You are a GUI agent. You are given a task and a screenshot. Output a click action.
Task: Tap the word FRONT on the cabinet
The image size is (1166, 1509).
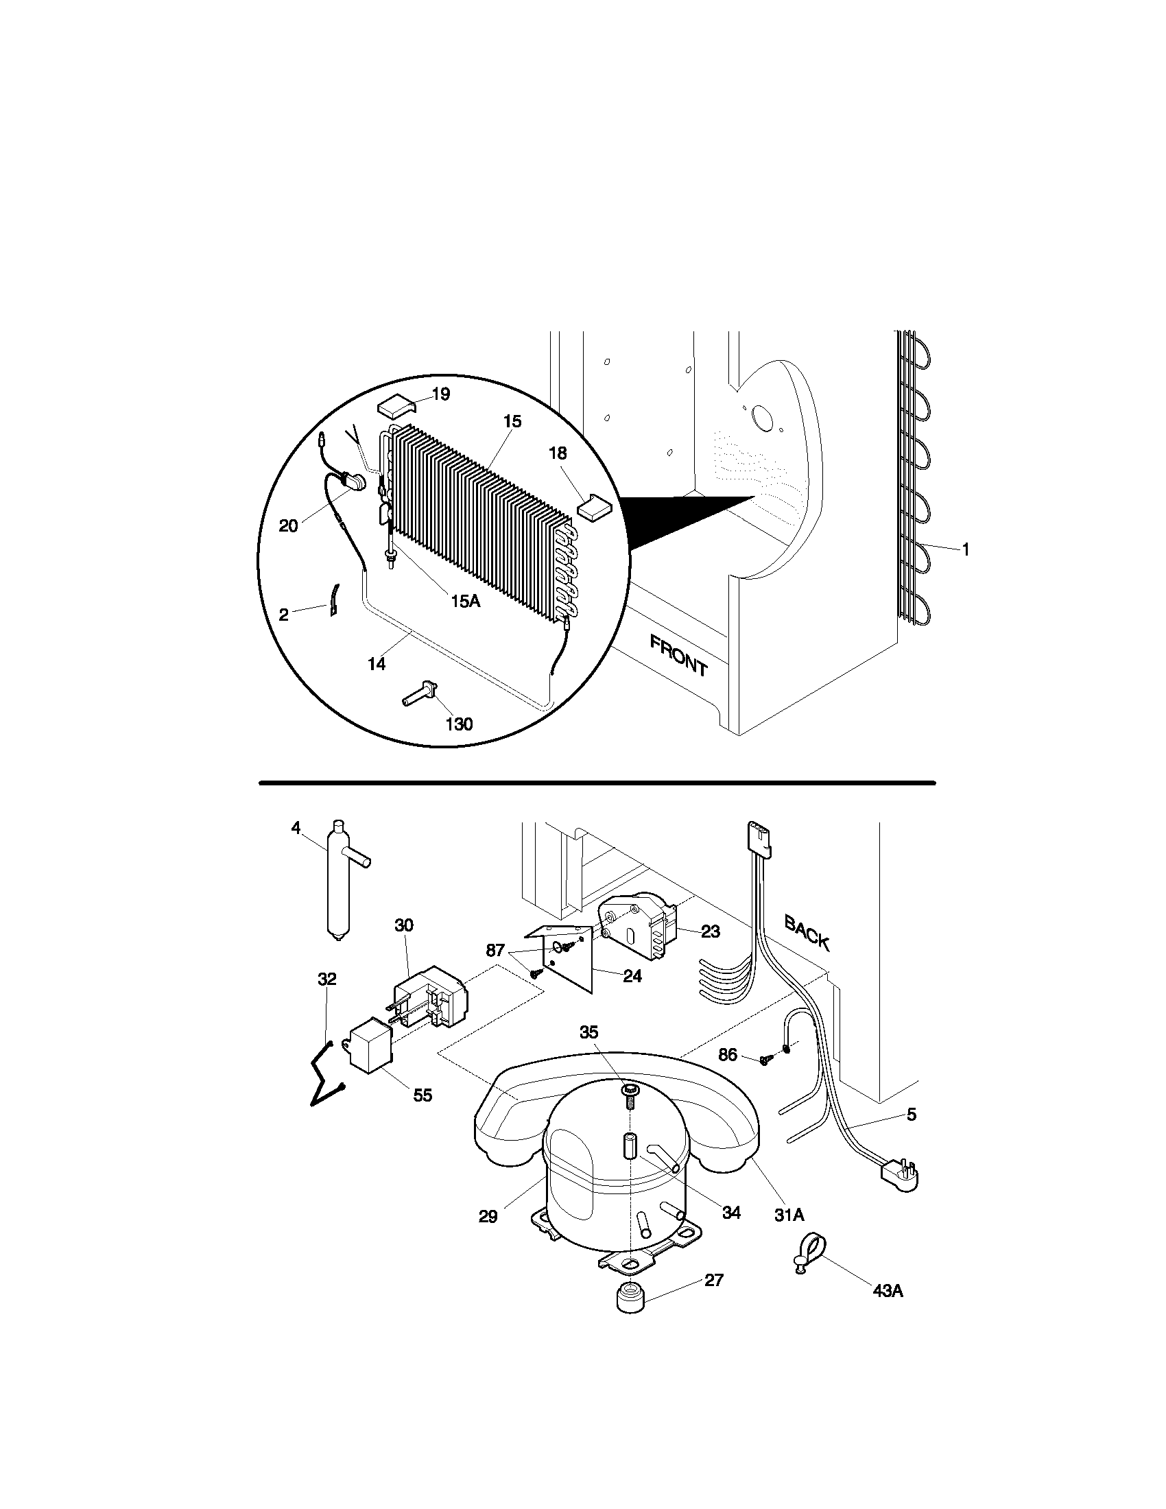[x=678, y=656]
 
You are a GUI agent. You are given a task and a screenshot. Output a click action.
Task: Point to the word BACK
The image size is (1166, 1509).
[x=807, y=932]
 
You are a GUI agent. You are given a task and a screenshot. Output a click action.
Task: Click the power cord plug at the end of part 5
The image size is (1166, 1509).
[x=899, y=1174]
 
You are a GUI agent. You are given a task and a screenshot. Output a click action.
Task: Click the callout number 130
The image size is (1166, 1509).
[x=459, y=724]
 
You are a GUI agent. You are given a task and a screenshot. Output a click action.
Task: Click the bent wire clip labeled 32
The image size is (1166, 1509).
[x=325, y=1086]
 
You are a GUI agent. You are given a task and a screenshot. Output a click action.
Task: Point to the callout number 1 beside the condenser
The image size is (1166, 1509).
[x=966, y=549]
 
